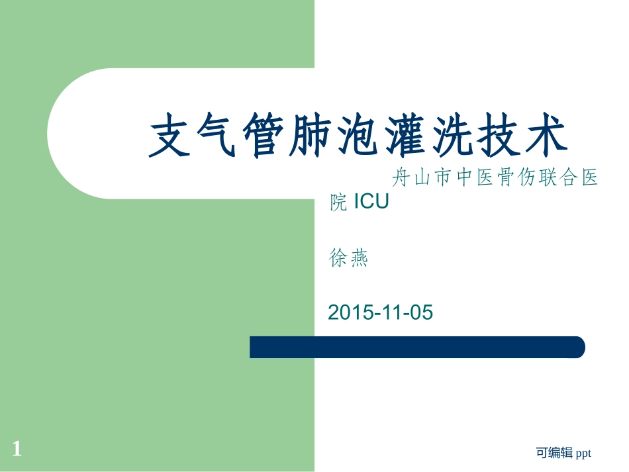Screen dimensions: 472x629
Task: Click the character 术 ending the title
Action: point(547,136)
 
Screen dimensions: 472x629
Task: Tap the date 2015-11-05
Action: point(380,312)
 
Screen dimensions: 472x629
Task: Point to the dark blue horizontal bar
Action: point(417,347)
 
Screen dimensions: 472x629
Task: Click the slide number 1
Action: point(17,450)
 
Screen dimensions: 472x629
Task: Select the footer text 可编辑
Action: point(554,453)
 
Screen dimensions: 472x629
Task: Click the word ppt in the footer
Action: point(583,453)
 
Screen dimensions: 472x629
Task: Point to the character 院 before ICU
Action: point(338,202)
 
